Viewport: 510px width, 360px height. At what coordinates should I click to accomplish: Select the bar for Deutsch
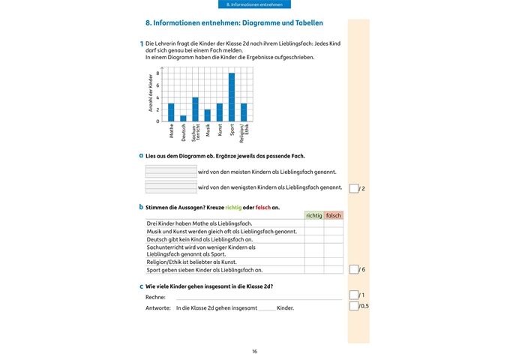point(183,118)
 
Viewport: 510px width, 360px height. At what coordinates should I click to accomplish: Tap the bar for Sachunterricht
point(195,109)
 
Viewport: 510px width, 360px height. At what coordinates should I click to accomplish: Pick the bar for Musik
point(207,115)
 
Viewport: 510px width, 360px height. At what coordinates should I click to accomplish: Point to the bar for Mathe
point(171,112)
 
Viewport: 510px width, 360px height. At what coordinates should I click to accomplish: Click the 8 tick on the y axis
point(157,73)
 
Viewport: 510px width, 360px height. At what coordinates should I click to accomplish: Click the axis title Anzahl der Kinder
point(150,94)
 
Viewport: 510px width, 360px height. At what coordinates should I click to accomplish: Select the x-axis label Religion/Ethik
point(244,133)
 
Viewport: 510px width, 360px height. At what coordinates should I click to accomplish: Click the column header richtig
point(313,215)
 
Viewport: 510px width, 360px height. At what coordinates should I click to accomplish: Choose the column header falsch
point(334,215)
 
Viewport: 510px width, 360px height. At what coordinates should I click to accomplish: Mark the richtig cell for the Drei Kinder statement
point(313,223)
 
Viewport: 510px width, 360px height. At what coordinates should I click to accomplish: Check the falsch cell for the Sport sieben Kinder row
point(334,269)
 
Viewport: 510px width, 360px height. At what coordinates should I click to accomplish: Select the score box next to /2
point(354,187)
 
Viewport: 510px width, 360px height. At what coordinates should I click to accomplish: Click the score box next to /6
point(354,269)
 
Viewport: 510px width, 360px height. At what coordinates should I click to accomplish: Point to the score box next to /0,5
point(354,305)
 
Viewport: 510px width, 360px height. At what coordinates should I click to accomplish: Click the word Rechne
point(155,297)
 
